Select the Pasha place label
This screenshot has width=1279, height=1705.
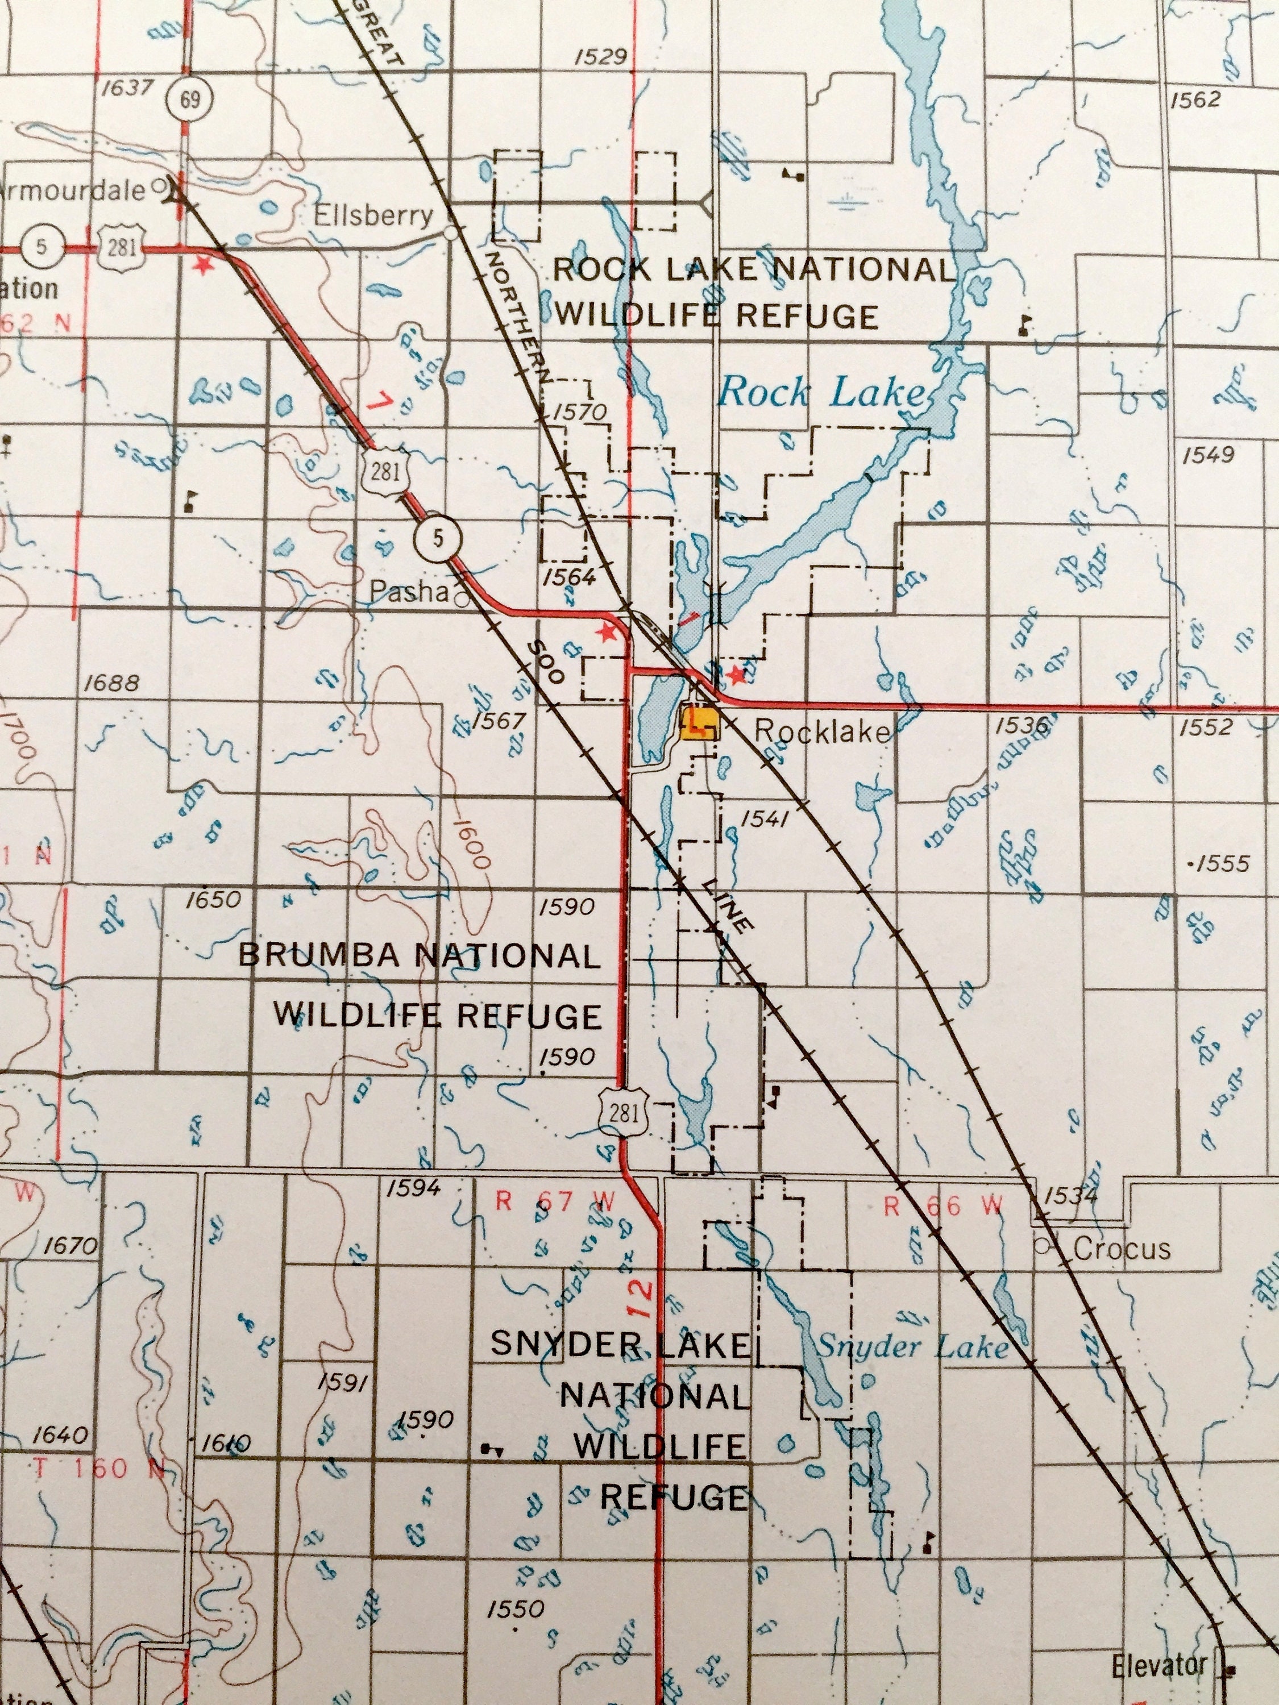pyautogui.click(x=409, y=591)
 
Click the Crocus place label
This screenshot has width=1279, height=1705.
pyautogui.click(x=1121, y=1248)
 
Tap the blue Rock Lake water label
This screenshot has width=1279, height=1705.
pyautogui.click(x=821, y=394)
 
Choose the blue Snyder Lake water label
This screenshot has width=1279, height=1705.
pyautogui.click(x=912, y=1346)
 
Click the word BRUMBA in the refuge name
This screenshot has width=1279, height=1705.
pyautogui.click(x=318, y=956)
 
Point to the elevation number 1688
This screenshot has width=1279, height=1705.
pyautogui.click(x=113, y=682)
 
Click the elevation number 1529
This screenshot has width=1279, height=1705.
pyautogui.click(x=601, y=56)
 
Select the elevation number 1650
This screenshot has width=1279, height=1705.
pyautogui.click(x=214, y=899)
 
